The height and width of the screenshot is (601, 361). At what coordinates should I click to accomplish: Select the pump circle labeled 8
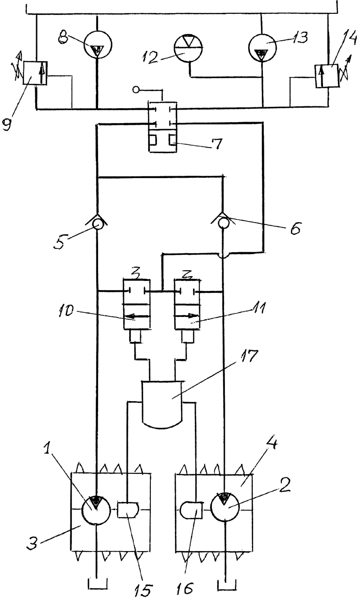98,44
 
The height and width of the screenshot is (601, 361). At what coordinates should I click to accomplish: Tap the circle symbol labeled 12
188,48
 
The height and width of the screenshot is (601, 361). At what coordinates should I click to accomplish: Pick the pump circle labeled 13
262,48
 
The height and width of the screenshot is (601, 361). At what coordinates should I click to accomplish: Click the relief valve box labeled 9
35,73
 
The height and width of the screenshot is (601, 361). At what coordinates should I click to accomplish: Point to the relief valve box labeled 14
327,76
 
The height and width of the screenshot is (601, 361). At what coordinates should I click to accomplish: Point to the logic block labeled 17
162,405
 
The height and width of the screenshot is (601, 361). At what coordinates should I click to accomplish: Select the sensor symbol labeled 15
128,510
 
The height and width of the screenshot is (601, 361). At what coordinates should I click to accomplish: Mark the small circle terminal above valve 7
136,90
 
